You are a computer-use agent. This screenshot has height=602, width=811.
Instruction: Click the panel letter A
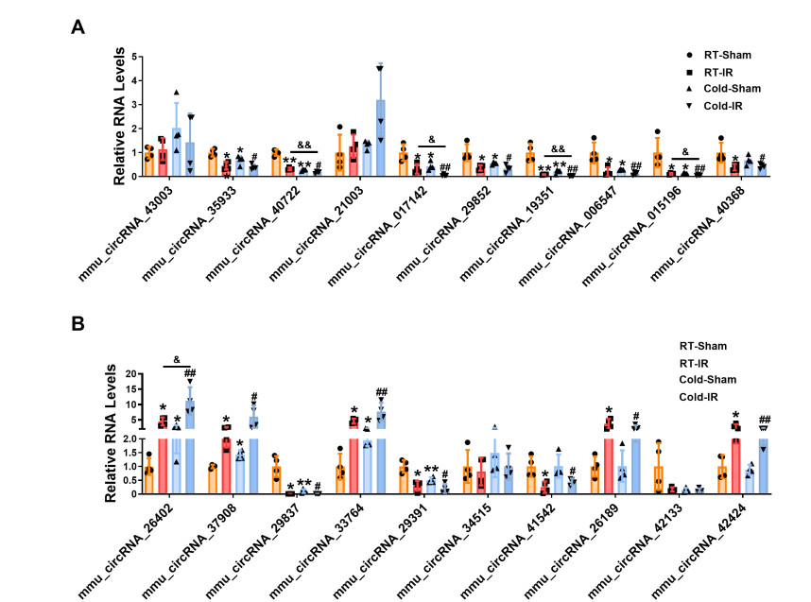point(78,27)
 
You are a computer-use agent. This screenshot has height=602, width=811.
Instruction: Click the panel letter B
point(78,323)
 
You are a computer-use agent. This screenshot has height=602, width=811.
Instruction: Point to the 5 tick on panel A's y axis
point(134,57)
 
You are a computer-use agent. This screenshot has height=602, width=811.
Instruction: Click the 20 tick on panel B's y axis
point(131,374)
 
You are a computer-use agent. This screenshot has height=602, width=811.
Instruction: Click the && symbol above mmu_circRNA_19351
point(559,148)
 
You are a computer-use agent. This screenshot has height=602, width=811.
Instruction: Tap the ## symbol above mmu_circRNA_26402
point(190,373)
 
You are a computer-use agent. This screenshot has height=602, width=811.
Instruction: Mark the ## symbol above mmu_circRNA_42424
point(765,419)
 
